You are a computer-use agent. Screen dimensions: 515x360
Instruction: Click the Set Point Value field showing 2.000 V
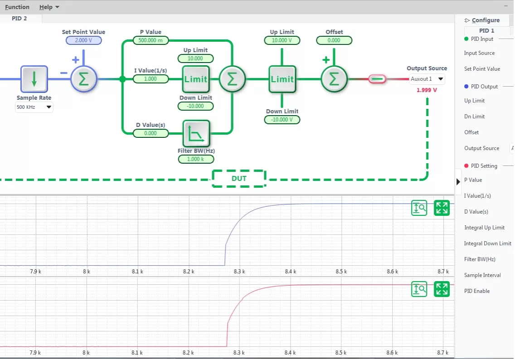(x=84, y=40)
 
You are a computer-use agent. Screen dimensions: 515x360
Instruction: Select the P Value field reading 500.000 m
(x=151, y=40)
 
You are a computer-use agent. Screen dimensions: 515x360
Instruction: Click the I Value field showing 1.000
(x=151, y=79)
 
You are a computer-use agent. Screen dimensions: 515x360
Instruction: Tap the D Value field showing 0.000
(x=151, y=133)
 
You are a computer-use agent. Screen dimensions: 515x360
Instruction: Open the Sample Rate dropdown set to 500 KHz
(x=34, y=107)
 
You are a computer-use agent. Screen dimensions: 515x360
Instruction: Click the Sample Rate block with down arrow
(x=34, y=79)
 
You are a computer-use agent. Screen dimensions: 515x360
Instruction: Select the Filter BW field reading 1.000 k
(x=196, y=159)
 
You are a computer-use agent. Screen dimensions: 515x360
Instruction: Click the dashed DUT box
(x=239, y=178)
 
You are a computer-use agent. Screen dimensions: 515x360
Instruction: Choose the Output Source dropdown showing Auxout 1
(x=427, y=79)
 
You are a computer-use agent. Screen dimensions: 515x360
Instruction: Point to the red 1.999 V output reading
(x=427, y=90)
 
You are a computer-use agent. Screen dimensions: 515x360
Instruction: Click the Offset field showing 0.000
(x=334, y=40)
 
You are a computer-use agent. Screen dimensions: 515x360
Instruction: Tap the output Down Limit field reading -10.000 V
(x=282, y=120)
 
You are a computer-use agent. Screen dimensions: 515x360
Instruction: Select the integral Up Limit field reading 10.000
(x=195, y=58)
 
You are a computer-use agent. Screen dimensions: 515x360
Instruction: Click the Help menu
(x=49, y=7)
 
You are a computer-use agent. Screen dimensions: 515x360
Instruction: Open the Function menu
(x=17, y=7)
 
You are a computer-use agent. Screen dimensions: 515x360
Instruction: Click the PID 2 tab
(x=19, y=19)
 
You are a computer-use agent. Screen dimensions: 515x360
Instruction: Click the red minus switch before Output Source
(x=377, y=79)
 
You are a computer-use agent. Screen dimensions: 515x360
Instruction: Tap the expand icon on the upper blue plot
(x=442, y=208)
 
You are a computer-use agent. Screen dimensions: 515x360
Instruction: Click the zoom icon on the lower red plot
(x=419, y=289)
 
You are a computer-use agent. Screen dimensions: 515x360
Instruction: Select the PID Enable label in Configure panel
(x=477, y=291)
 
